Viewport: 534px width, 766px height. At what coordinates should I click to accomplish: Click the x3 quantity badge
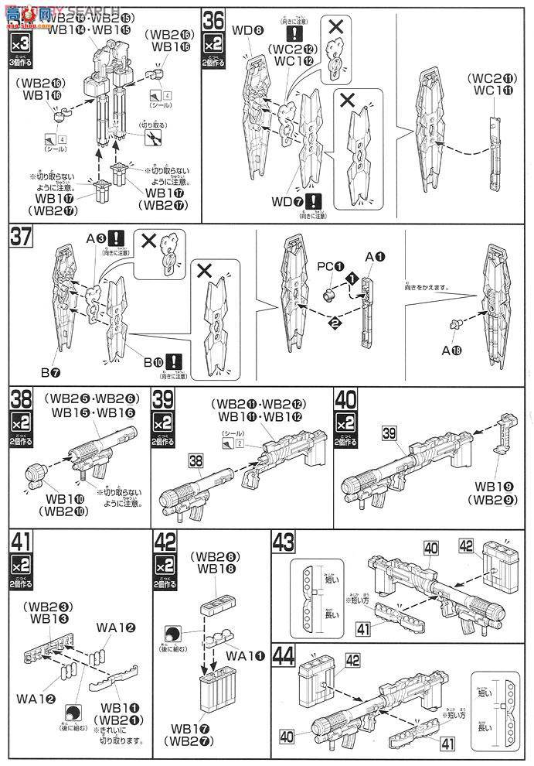(x=21, y=43)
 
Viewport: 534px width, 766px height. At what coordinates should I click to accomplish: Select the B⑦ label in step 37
(x=52, y=372)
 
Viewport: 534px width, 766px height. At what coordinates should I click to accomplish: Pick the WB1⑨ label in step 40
(x=503, y=484)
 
